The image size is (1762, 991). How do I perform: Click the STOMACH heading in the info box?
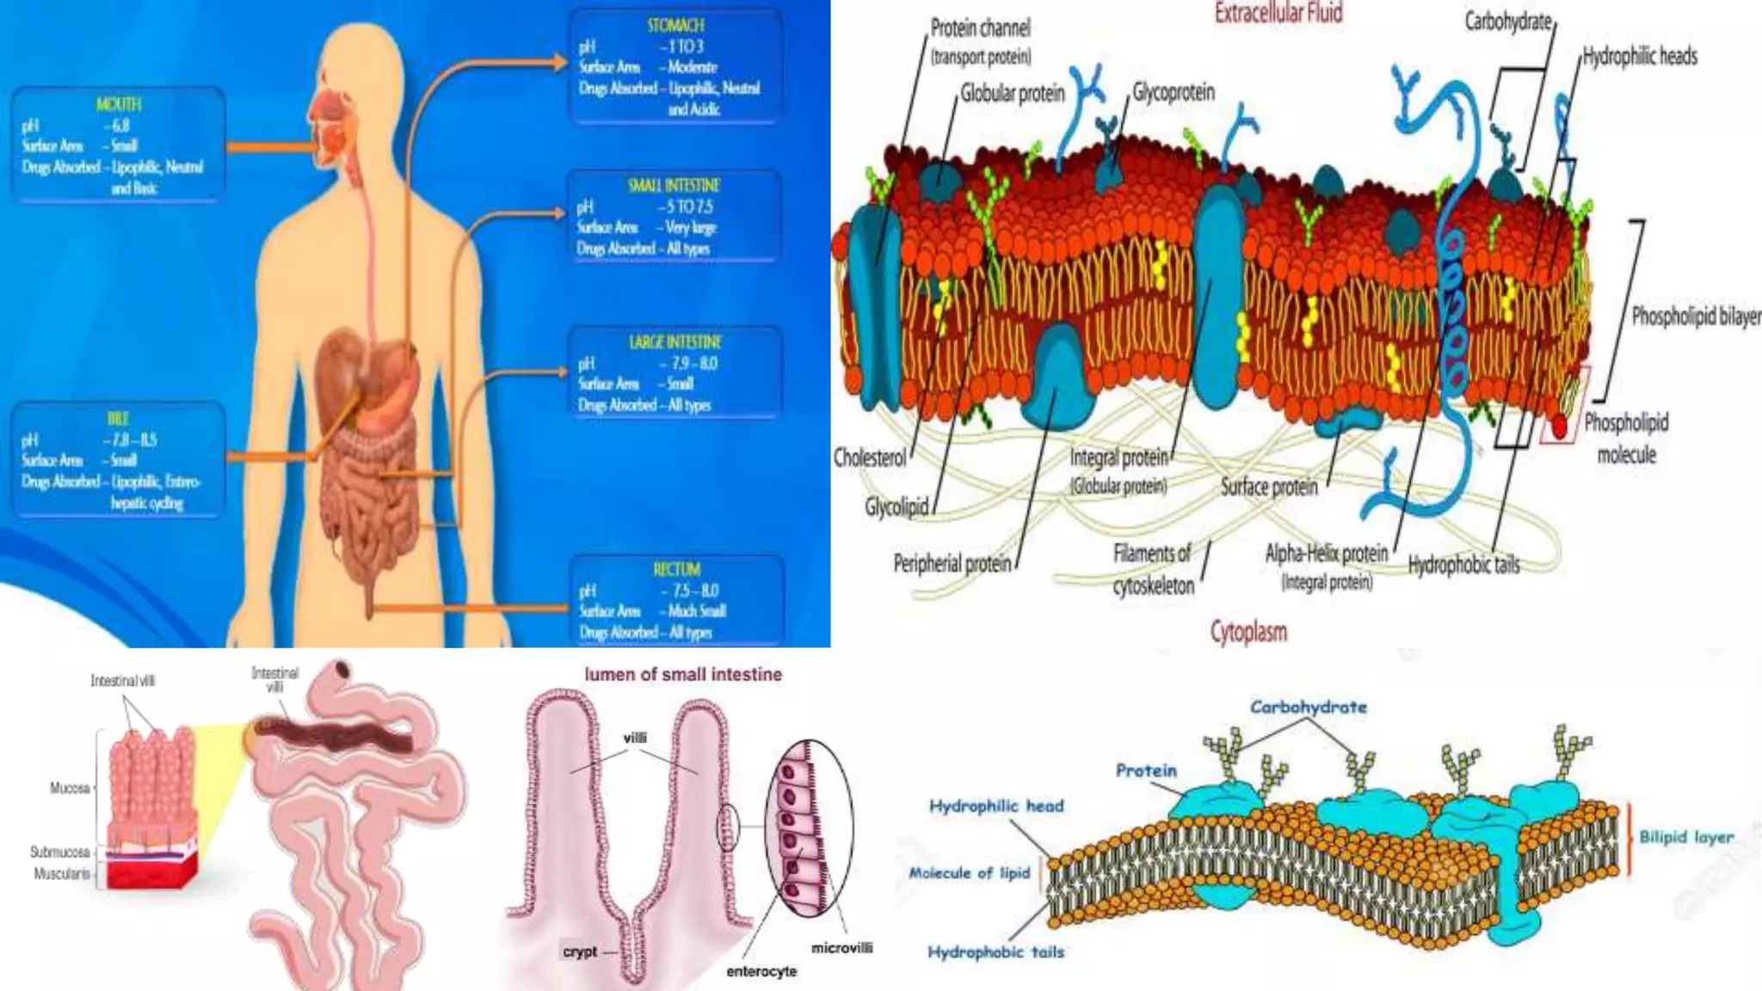point(675,26)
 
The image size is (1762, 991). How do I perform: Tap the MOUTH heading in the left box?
point(118,104)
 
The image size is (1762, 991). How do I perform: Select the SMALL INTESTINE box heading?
point(674,185)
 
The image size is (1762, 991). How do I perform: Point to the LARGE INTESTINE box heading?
point(675,342)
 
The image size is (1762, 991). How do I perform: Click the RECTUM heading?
point(676,569)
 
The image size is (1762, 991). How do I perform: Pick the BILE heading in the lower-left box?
point(118,419)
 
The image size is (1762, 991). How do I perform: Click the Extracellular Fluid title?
point(1278,13)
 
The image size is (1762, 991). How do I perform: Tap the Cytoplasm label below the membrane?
point(1248,632)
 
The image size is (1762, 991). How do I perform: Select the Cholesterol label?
point(869,458)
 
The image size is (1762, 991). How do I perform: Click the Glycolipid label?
point(896,508)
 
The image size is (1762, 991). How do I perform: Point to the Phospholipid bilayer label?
point(1696,317)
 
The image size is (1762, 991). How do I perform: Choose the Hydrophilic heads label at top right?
point(1640,57)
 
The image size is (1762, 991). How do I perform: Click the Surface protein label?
point(1269,487)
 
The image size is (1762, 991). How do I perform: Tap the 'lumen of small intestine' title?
point(683,674)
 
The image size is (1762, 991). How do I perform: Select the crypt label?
point(579,951)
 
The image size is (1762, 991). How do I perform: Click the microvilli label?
point(841,948)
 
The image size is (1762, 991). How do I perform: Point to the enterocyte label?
point(761,971)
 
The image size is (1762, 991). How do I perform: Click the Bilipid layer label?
point(1685,837)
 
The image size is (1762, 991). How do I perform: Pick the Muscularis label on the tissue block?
point(61,874)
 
